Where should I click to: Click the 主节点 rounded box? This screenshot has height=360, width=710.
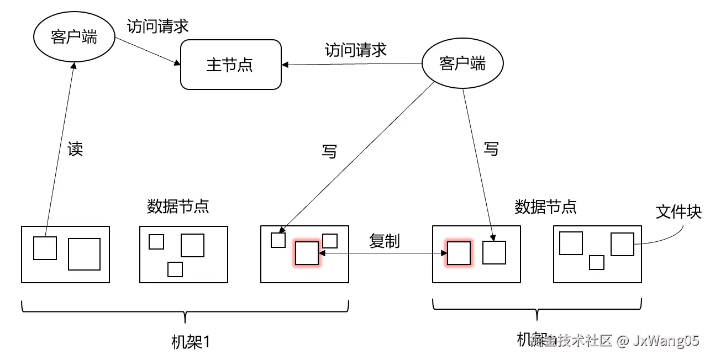230,65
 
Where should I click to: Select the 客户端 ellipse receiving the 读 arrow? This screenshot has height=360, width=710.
73,38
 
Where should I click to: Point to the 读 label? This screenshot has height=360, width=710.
75,149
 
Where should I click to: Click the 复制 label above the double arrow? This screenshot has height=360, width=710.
384,241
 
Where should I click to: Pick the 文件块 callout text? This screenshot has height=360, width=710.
678,212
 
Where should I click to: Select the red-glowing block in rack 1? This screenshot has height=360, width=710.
307,253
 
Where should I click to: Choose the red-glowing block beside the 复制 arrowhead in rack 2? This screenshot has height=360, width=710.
459,253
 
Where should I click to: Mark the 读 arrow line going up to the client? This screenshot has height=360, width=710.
60,149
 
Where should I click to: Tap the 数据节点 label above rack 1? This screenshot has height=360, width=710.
178,207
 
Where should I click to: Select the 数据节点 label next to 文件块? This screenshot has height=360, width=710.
545,207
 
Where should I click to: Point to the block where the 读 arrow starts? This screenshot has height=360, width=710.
45,248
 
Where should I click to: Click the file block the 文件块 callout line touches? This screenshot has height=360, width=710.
622,244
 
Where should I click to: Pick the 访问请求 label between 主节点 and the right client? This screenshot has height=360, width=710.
355,50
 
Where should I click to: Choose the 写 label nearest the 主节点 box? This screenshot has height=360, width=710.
329,151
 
